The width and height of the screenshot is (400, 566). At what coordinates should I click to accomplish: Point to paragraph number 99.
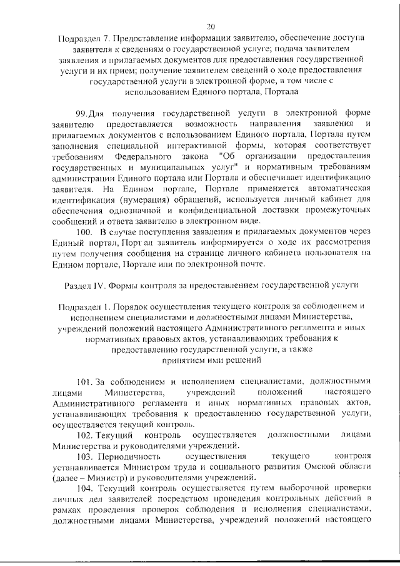(x=82, y=113)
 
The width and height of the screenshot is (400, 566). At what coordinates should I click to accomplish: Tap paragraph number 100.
(x=85, y=251)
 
